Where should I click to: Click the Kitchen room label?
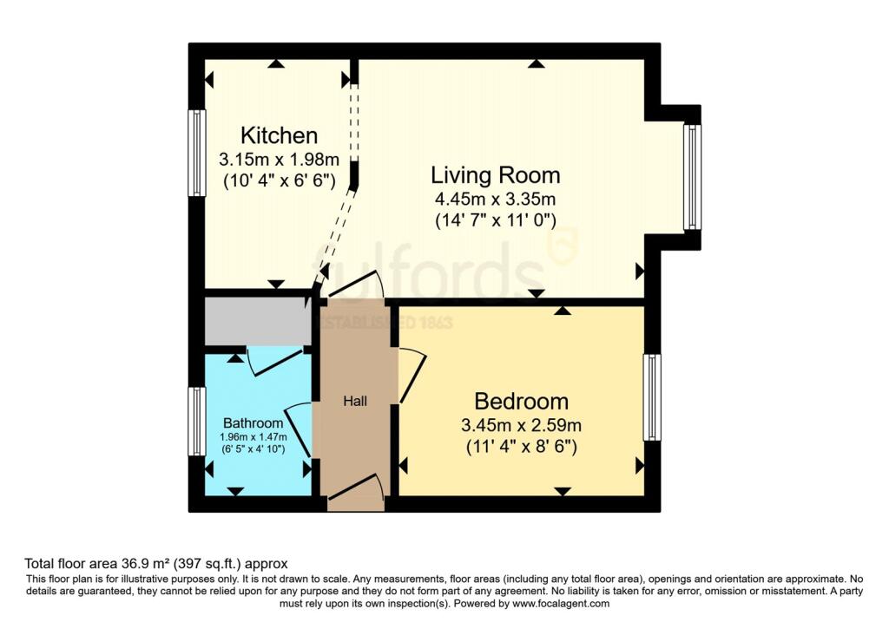(279, 136)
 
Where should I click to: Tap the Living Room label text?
(495, 175)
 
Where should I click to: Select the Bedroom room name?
(521, 402)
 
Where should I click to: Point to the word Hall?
(354, 402)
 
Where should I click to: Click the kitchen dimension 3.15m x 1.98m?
(278, 160)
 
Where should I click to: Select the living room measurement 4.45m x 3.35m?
(495, 199)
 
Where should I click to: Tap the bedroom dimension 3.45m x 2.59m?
(521, 426)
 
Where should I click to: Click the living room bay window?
(691, 177)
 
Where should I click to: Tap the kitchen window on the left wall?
(197, 154)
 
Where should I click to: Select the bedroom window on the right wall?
(651, 396)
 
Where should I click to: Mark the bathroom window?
(197, 422)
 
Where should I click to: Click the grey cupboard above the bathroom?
(257, 322)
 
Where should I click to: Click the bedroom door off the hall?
(411, 375)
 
